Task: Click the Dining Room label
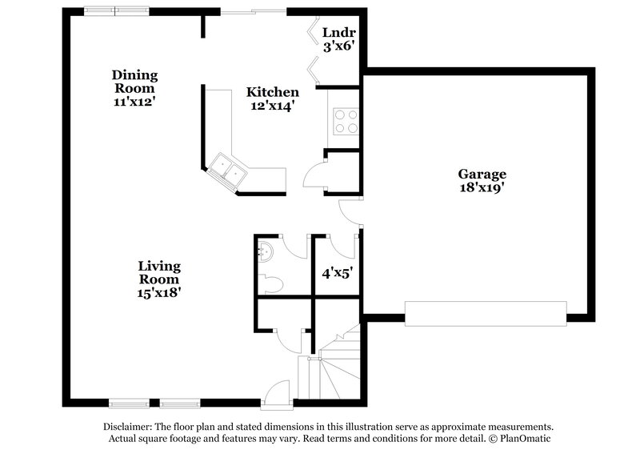click(x=134, y=82)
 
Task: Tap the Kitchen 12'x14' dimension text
click(x=272, y=106)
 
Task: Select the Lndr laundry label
click(x=337, y=33)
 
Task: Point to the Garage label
click(x=482, y=174)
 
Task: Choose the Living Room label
click(x=158, y=272)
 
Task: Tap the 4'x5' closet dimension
click(x=337, y=272)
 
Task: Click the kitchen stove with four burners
click(x=346, y=120)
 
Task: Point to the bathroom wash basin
click(x=265, y=252)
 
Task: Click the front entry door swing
click(x=276, y=391)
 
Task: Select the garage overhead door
click(x=486, y=313)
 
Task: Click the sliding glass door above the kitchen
click(x=252, y=12)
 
